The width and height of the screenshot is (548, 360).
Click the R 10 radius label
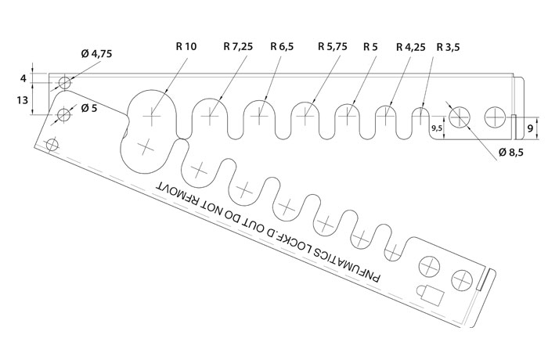pos(186,46)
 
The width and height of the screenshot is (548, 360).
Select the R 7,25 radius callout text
pos(238,46)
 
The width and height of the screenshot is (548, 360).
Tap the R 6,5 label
pos(282,46)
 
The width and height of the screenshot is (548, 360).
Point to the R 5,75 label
pos(333,46)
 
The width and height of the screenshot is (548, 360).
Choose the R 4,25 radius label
pos(411,47)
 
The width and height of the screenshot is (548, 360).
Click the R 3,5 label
pos(449,47)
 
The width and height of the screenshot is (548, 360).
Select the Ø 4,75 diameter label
pos(96,54)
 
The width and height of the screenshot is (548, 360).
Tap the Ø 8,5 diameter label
pos(511,153)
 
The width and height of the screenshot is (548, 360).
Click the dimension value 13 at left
pos(22,100)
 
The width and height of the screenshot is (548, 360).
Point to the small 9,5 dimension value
pos(437,128)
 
